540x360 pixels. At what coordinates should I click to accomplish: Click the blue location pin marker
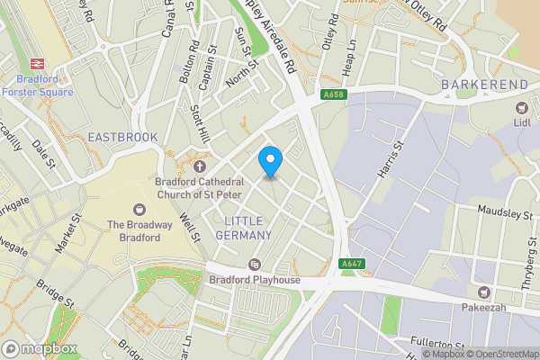(x=270, y=161)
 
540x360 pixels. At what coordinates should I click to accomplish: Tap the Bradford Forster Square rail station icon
(x=38, y=63)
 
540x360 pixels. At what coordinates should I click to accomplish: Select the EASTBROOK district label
(x=122, y=137)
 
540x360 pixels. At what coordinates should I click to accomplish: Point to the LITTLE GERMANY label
(x=243, y=228)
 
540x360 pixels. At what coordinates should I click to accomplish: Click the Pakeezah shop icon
(x=485, y=292)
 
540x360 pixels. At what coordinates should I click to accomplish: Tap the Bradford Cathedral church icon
(x=199, y=166)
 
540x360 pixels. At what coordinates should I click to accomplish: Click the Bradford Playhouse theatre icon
(x=255, y=265)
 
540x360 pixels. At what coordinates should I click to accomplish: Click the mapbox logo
(x=38, y=347)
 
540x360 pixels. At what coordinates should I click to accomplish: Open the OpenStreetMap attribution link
(x=500, y=354)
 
